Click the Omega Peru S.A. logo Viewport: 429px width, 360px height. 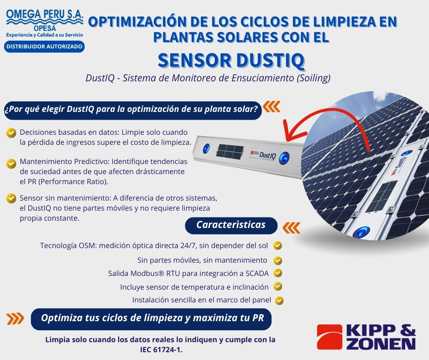coord(45,23)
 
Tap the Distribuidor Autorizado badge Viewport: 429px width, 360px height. coord(44,46)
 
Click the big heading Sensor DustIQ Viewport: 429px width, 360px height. coord(231,60)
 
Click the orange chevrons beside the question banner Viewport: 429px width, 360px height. coord(272,106)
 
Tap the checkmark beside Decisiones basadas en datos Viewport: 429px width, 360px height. coord(11,133)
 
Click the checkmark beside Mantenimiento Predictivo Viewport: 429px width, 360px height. coord(11,164)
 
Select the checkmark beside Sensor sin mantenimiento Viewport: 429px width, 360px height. coord(11,198)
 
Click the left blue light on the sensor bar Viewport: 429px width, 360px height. coord(206,148)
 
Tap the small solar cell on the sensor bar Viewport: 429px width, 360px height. coord(230,151)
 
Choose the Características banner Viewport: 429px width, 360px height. coord(231,225)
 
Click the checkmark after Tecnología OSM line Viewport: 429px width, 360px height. coord(277,245)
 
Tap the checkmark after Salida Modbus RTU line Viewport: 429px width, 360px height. coord(278,273)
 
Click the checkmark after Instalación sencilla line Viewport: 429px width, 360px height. coord(279,301)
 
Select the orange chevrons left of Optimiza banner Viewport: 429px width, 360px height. coord(16,318)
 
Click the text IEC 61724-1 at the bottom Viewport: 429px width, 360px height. coord(161,350)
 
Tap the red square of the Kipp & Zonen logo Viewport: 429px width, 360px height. coord(330,337)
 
